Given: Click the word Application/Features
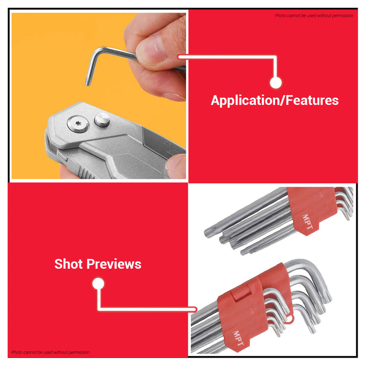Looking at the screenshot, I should point(274,100).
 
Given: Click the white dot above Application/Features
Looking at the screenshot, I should point(276,82).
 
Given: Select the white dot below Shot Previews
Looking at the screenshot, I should point(98,284).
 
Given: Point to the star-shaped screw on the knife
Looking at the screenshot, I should point(74,124).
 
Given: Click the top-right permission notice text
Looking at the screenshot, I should point(314,16).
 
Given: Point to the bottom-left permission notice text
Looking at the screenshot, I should point(50,352).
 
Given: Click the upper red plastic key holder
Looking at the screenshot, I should point(311,212).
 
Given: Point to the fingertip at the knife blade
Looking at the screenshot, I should point(176,165).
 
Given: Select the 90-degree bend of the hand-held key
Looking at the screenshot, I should point(97,51).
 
